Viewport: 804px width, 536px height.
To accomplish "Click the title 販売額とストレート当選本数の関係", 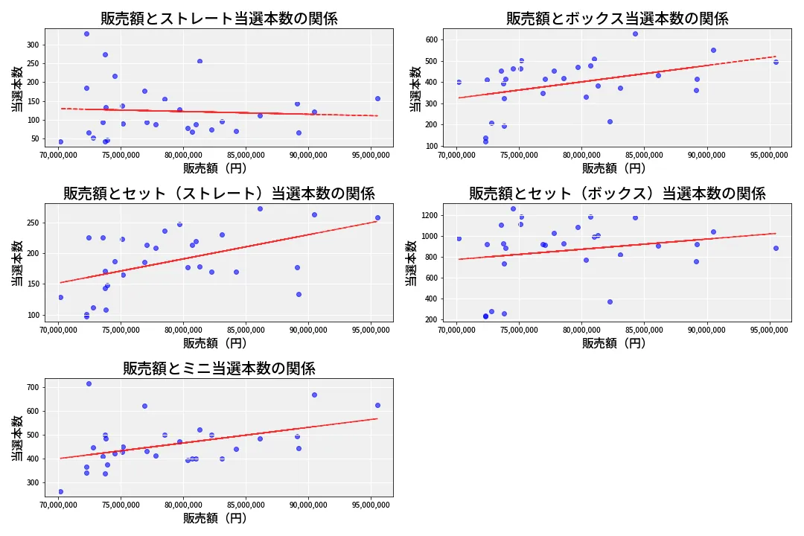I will click(x=219, y=19).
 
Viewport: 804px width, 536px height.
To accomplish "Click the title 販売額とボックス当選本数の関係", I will click(x=617, y=19).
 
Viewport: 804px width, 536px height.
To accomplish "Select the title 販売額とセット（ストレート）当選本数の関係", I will click(x=219, y=194).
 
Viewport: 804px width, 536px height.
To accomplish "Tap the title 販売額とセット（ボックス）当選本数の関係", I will click(x=617, y=194).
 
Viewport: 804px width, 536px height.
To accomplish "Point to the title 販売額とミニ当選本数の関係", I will click(x=219, y=368).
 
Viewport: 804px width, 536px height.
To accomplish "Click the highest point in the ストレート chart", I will click(x=86, y=33).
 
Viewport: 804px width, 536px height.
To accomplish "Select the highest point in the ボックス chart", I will click(x=635, y=33).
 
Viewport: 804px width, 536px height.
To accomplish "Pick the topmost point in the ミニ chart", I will click(x=89, y=383).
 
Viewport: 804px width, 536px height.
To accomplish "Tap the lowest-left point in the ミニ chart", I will click(x=60, y=491).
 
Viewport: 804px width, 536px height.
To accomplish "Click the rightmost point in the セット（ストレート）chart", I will click(x=377, y=217).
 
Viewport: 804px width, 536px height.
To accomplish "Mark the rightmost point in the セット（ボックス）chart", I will click(x=776, y=248).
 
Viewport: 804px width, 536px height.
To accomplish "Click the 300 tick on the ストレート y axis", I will click(x=33, y=45).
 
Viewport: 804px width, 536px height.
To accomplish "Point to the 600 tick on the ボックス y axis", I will click(x=432, y=39).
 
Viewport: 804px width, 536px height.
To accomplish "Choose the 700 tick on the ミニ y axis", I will click(x=33, y=387).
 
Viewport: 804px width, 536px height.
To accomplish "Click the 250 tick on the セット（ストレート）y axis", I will click(x=33, y=223).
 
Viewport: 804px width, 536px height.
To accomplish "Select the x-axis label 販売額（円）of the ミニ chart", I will click(x=219, y=518).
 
